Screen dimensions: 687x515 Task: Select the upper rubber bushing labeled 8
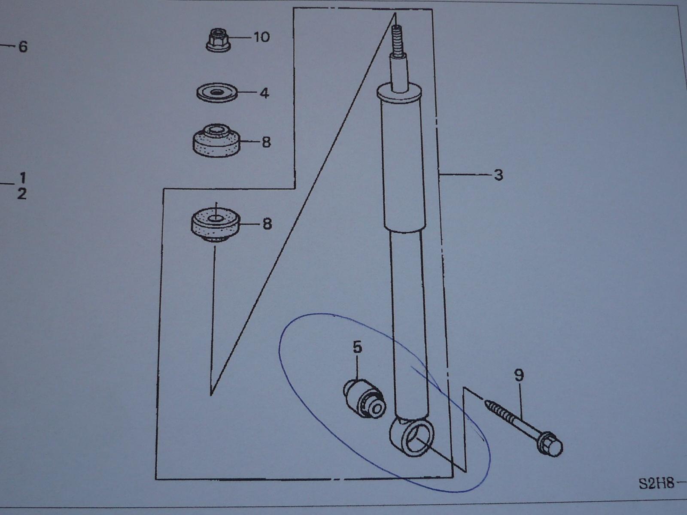(x=216, y=141)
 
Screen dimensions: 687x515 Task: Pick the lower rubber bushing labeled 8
(x=216, y=224)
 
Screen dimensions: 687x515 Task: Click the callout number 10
(x=261, y=37)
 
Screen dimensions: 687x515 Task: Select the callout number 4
(x=264, y=93)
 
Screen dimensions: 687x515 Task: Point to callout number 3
(x=499, y=175)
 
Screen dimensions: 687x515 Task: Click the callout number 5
(x=357, y=347)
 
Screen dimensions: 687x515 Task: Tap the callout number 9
(x=519, y=375)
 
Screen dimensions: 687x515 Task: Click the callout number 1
(x=22, y=178)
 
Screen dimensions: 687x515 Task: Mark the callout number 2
(x=22, y=194)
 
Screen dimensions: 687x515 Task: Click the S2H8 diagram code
(x=656, y=484)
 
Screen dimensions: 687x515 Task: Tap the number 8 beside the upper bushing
(x=266, y=142)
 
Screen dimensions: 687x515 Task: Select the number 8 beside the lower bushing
(x=267, y=224)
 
